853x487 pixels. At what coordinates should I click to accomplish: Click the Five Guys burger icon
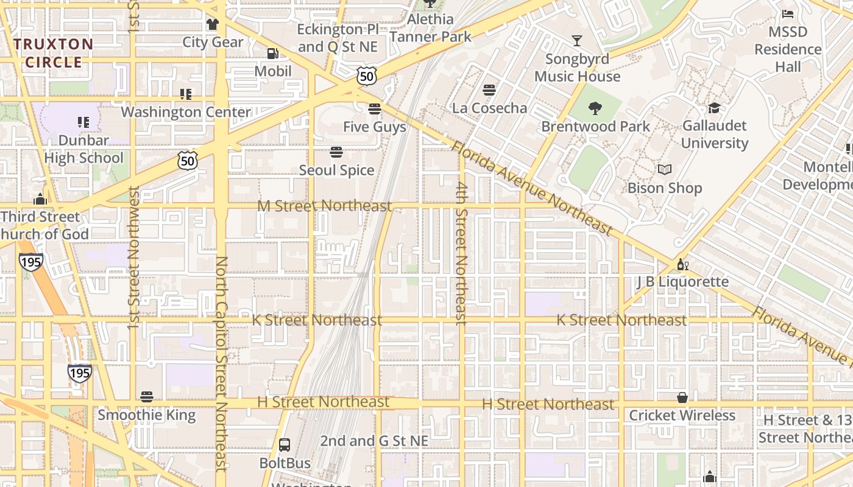point(375,109)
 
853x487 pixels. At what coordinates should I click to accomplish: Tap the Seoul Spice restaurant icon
point(336,152)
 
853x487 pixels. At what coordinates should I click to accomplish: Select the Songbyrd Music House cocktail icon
point(576,41)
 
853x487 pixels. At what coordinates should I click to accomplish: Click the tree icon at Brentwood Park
point(595,108)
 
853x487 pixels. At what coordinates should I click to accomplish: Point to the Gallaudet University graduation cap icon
point(714,108)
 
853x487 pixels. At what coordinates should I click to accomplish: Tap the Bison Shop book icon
point(665,170)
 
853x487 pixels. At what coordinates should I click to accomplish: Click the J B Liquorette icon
point(682,264)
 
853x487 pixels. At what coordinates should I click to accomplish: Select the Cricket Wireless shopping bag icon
point(682,398)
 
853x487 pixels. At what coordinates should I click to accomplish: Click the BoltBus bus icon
point(285,445)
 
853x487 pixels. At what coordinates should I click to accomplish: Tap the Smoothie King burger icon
point(146,397)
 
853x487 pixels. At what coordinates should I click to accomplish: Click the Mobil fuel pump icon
point(272,54)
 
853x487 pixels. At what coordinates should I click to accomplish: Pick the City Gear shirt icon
point(212,24)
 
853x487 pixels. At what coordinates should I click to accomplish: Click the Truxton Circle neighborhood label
point(54,53)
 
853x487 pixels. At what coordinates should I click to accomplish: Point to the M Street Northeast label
point(324,206)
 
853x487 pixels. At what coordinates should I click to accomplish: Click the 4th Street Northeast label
point(462,253)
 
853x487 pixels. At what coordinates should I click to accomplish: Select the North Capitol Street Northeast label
point(221,363)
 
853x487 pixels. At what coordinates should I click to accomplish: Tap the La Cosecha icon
point(489,90)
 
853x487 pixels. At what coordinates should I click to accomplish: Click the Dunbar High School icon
point(83,122)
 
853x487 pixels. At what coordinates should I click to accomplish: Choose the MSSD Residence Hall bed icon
point(788,13)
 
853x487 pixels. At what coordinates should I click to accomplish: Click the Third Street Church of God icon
point(40,199)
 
